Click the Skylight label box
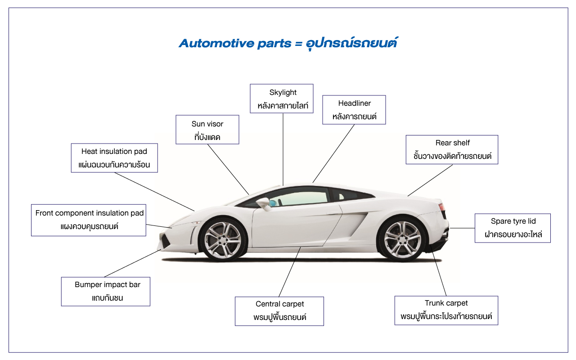282,99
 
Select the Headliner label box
354,110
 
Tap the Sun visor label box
207,130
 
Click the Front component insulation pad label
89,220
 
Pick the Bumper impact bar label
106,292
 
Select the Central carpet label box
279,311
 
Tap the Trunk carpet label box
446,310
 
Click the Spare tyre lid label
513,228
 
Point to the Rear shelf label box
452,150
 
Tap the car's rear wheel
402,239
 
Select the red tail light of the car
441,207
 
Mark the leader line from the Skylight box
283,148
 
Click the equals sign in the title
298,44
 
